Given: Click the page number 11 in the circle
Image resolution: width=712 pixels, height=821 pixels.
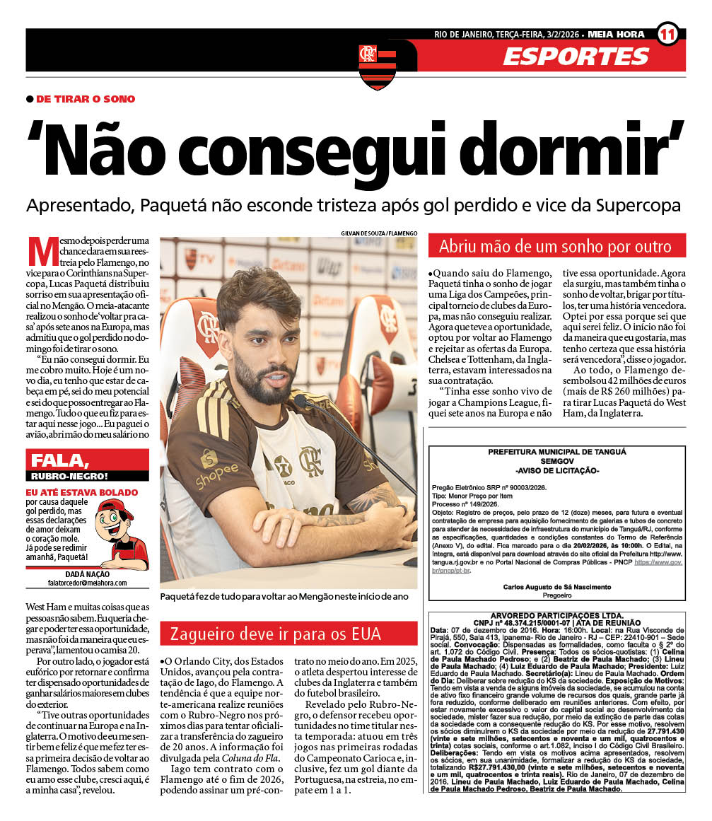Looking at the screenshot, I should click(668, 33).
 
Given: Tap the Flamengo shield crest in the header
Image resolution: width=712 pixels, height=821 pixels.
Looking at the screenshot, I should click(378, 65).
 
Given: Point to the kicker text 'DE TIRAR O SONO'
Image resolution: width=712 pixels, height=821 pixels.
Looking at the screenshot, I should click(86, 99).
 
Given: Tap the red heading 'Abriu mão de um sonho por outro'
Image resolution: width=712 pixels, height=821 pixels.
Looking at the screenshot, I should click(555, 247).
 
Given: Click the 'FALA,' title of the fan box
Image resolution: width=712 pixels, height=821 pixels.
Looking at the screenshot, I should click(59, 460).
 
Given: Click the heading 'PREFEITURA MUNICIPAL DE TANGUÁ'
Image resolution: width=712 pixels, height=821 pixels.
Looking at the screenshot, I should click(556, 453).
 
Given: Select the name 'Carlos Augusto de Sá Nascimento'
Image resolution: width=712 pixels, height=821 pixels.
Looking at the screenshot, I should click(557, 587).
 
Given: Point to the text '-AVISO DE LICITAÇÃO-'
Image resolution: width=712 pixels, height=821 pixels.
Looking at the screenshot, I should click(556, 471).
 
